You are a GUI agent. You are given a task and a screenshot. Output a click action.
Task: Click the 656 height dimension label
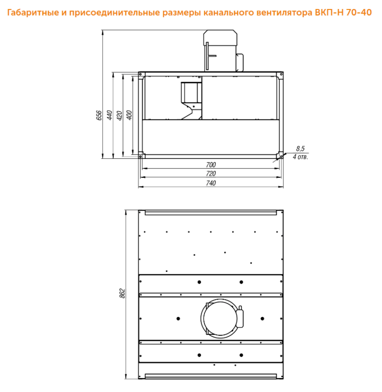tap(99, 115)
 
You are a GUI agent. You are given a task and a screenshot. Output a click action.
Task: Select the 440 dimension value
tap(109, 115)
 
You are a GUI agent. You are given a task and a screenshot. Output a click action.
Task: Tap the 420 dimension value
tap(119, 115)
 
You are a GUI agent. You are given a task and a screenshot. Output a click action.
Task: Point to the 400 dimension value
tap(129, 115)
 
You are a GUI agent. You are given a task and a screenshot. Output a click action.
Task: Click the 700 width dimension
tap(211, 165)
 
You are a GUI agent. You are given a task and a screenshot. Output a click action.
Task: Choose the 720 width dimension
tap(211, 173)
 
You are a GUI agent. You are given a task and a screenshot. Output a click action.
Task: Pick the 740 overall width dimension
tap(211, 183)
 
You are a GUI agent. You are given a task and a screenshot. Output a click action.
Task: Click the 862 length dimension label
tap(122, 293)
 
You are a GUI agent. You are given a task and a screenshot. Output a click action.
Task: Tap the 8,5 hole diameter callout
tap(300, 149)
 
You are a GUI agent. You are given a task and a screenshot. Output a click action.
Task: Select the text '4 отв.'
tap(300, 157)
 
